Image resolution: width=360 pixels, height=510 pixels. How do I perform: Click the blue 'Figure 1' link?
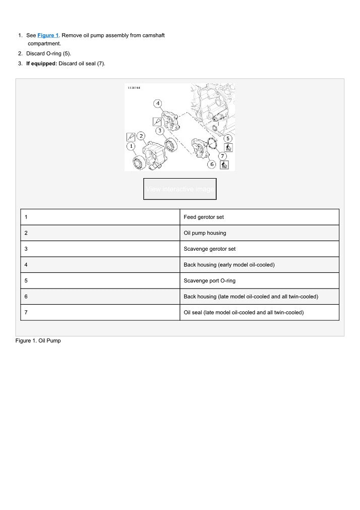coord(48,35)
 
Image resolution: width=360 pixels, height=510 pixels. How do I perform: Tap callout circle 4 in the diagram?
coord(158,103)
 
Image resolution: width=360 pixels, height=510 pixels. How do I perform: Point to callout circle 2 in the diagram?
coord(141,136)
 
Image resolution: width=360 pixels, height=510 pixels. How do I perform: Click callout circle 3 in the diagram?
coord(159,130)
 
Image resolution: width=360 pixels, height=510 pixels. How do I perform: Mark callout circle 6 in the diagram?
coord(212,164)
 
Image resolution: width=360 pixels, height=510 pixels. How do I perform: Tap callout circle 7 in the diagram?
coord(222,155)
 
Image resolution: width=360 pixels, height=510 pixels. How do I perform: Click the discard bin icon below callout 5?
coord(228,148)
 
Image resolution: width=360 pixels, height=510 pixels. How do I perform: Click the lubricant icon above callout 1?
coord(131,136)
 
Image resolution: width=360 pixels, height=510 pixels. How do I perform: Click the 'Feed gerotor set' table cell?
coord(259,217)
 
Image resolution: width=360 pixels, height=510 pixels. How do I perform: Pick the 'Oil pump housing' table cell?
coord(259,233)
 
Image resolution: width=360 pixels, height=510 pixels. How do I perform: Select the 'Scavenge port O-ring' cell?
coord(259,280)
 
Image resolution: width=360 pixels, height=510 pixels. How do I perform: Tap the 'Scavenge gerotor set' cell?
coord(259,249)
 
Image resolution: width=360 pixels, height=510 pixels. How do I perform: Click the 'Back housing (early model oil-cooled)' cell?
coord(259,265)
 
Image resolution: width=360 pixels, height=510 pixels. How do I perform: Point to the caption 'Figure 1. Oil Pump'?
coord(38,341)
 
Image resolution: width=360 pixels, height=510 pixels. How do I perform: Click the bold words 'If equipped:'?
coord(41,63)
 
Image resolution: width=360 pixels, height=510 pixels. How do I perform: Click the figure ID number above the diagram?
coord(134,88)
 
